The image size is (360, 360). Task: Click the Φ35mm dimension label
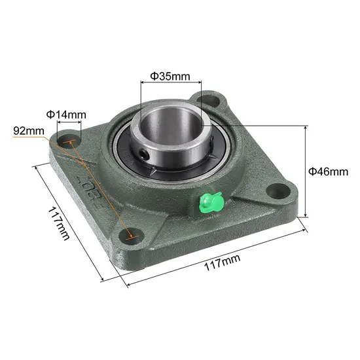click(170, 76)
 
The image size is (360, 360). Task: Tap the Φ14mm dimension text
click(65, 115)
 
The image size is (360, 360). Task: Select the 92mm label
click(28, 130)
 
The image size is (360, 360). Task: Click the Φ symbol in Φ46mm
click(312, 171)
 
